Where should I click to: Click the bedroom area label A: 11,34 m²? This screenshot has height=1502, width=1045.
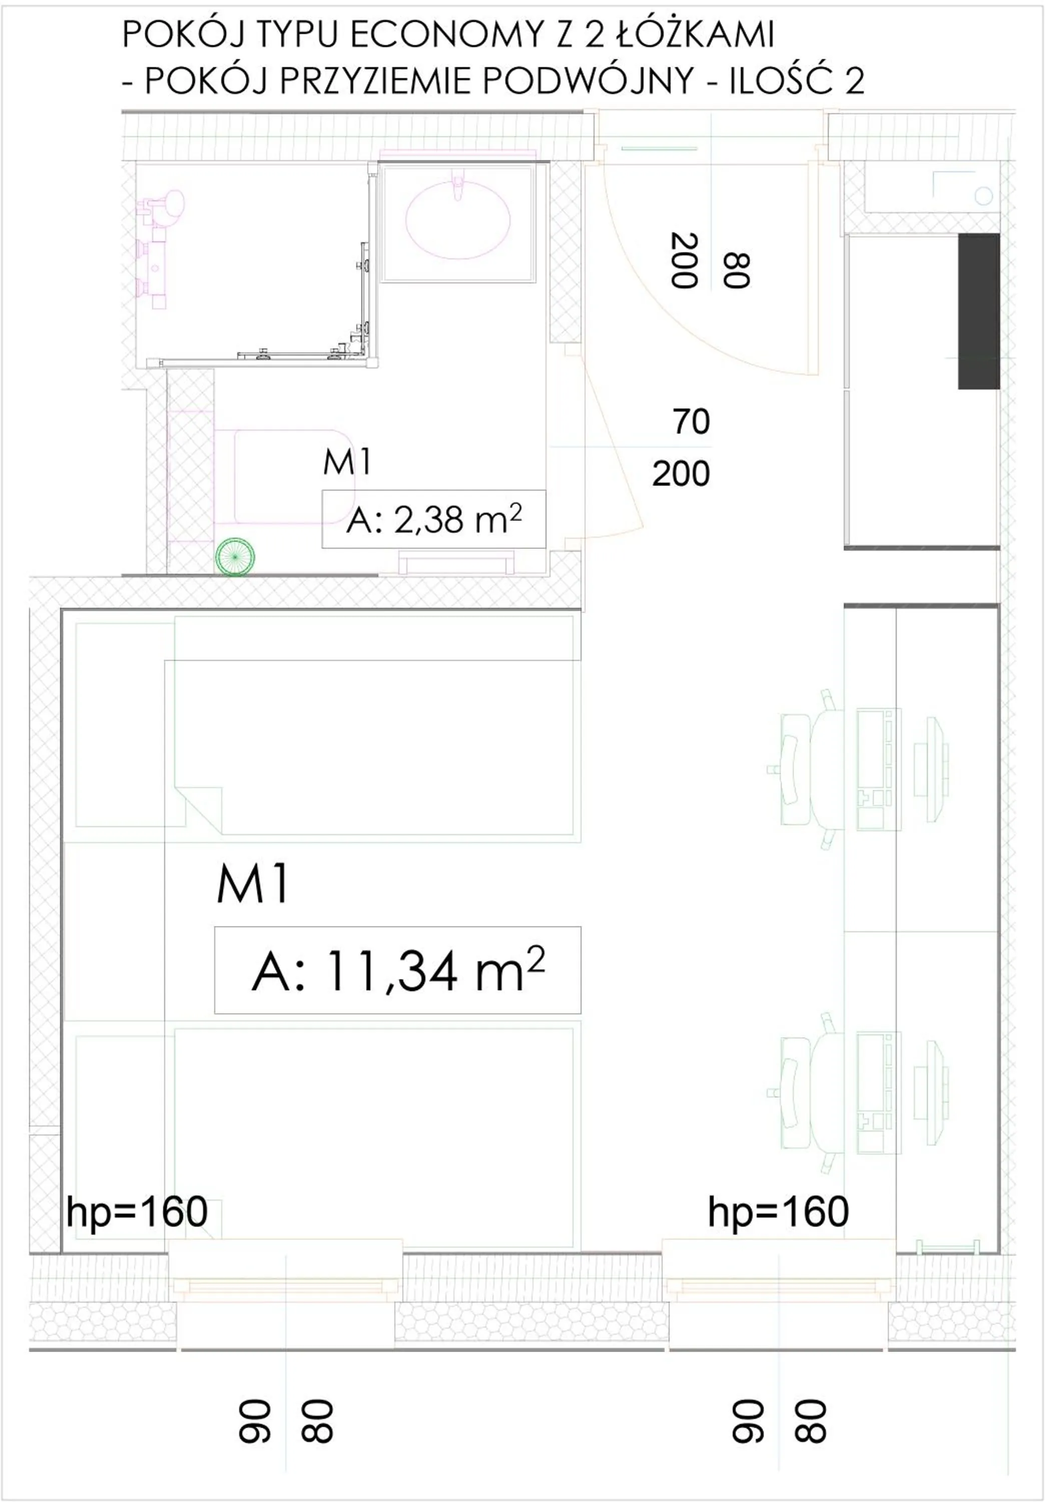click(397, 971)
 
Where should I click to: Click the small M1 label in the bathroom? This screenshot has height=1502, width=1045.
click(347, 463)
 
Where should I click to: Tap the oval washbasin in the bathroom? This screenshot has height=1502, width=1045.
click(458, 219)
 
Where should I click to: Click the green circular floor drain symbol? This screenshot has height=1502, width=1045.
click(235, 557)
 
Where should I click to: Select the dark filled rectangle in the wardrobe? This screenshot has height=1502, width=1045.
click(978, 311)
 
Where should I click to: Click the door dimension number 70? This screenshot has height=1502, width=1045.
click(691, 422)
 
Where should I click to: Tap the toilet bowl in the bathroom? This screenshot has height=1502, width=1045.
click(288, 476)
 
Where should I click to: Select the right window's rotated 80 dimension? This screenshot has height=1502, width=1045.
click(811, 1421)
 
